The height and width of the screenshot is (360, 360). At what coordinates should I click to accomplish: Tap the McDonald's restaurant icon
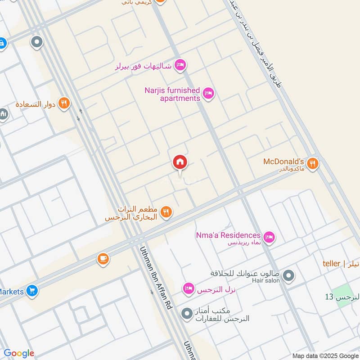click(313, 163)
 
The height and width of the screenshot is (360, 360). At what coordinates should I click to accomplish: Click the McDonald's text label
click(284, 162)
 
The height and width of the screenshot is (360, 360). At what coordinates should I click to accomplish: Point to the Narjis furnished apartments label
click(172, 94)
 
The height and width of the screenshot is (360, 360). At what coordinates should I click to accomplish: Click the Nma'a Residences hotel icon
click(269, 237)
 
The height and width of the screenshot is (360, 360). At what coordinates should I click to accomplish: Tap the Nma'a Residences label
click(228, 235)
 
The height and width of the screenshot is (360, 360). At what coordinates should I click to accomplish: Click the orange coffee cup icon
click(103, 259)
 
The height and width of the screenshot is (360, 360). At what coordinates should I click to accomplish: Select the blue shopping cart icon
click(31, 291)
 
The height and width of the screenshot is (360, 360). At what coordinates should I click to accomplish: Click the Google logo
click(19, 353)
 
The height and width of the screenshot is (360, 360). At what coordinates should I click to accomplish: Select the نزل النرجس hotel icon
click(189, 288)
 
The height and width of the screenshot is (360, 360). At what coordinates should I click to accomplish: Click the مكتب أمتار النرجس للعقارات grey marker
click(186, 314)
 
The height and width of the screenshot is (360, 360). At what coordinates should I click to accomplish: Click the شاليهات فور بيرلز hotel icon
click(180, 66)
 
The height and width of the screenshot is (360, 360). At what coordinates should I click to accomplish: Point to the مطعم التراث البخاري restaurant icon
click(166, 211)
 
